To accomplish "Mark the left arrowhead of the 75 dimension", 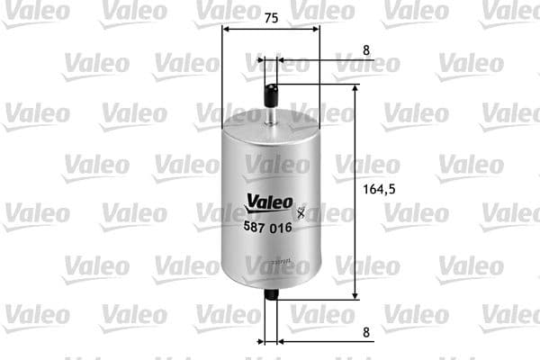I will [225, 29].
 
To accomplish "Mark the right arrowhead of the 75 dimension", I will [316, 29].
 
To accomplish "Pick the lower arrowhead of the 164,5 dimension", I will [356, 294].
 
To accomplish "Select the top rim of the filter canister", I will [271, 124].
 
